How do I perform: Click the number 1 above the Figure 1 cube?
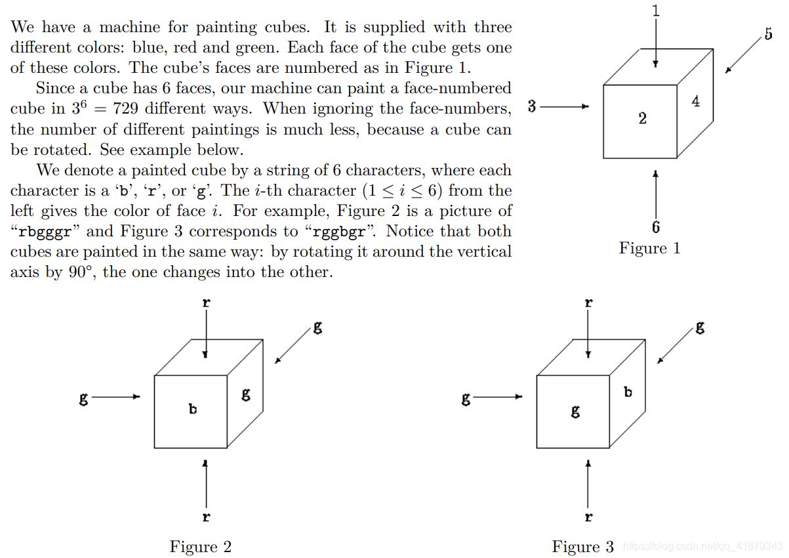pos(657,10)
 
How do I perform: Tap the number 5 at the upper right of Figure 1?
pos(769,34)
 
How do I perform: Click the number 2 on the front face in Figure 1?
pos(642,118)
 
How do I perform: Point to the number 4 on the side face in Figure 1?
pos(695,101)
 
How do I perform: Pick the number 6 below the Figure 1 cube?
pos(656,227)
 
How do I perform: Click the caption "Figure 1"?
pos(649,248)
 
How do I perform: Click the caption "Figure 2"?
pos(200,547)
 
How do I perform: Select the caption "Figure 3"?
pos(582,547)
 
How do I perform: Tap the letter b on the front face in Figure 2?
pos(193,408)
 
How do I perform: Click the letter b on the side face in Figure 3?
pos(628,392)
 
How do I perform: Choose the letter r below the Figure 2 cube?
pos(206,517)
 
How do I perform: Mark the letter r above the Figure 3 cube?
pos(588,303)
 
